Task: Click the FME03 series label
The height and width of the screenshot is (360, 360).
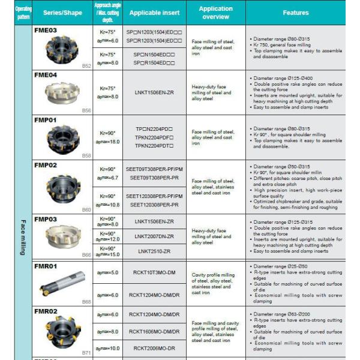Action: click(x=46, y=29)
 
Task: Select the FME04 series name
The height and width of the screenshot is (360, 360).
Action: click(x=46, y=75)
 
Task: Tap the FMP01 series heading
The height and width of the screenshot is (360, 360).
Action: click(x=46, y=120)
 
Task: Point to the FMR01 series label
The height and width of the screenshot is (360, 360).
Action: click(x=46, y=266)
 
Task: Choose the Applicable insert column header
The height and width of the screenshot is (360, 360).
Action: click(x=154, y=12)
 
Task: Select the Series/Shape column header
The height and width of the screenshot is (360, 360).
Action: click(x=62, y=12)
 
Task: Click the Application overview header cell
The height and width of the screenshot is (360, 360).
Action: click(x=215, y=12)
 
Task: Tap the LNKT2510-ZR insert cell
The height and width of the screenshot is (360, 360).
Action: click(x=154, y=251)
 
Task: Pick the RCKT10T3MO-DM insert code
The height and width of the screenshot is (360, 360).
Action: click(x=154, y=272)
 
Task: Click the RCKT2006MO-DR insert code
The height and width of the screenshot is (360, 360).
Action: click(x=154, y=347)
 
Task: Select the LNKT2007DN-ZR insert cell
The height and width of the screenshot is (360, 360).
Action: click(x=154, y=236)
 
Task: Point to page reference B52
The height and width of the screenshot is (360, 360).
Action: click(x=86, y=65)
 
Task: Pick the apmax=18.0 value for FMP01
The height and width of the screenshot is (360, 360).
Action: click(x=107, y=142)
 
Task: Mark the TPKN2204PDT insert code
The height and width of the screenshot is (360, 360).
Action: click(x=154, y=145)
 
